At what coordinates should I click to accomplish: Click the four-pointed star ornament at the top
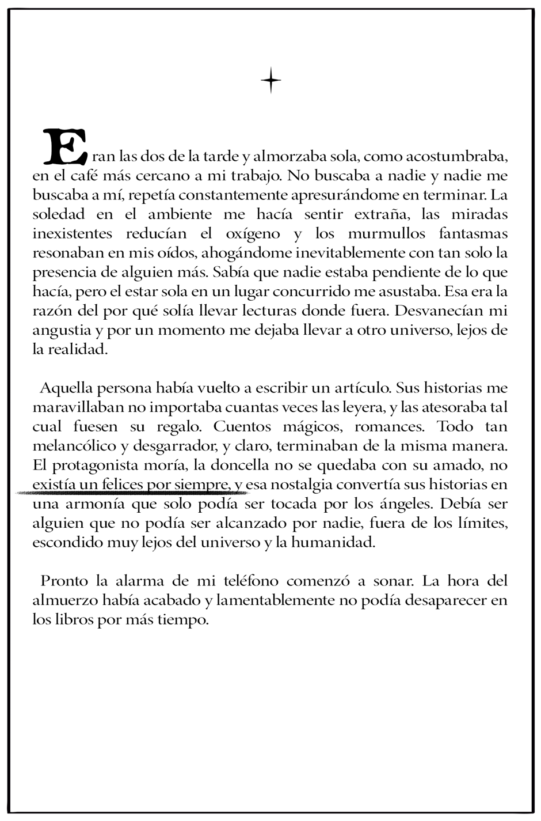[x=270, y=81]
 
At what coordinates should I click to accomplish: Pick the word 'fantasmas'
[x=473, y=233]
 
